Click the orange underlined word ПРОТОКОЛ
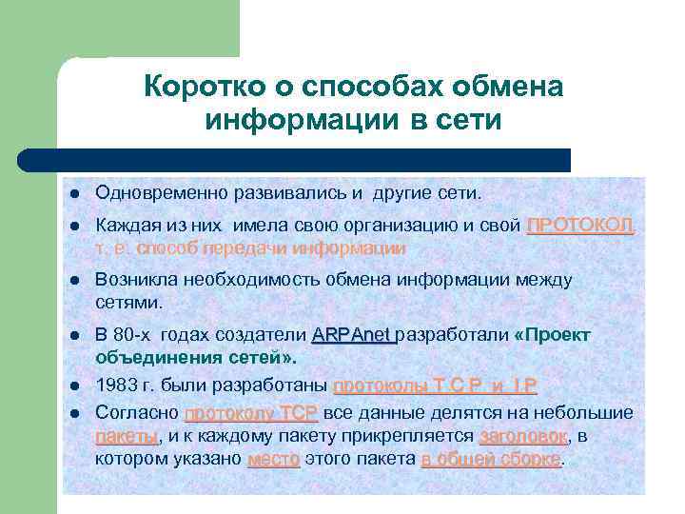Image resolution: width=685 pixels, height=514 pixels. click(579, 226)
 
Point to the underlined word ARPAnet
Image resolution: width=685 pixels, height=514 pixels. click(352, 335)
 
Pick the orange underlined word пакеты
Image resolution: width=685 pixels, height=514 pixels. click(127, 436)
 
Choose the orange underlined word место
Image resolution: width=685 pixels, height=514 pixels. click(273, 459)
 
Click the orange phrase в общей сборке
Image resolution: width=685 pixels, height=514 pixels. click(492, 459)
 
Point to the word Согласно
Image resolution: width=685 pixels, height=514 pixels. click(135, 413)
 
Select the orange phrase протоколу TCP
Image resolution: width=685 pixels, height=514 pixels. click(250, 413)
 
